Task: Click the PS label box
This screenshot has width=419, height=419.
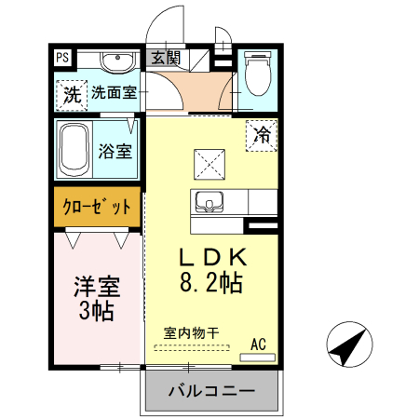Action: pyautogui.click(x=62, y=58)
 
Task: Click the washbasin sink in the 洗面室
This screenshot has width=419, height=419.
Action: pyautogui.click(x=117, y=63)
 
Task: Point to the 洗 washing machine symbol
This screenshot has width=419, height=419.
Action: pyautogui.click(x=71, y=94)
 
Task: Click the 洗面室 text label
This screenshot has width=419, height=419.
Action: pyautogui.click(x=115, y=93)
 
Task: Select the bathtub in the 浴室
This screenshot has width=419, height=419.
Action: pyautogui.click(x=74, y=147)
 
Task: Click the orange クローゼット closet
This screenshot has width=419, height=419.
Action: pyautogui.click(x=97, y=206)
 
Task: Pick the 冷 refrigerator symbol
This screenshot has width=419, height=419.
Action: pyautogui.click(x=263, y=134)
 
